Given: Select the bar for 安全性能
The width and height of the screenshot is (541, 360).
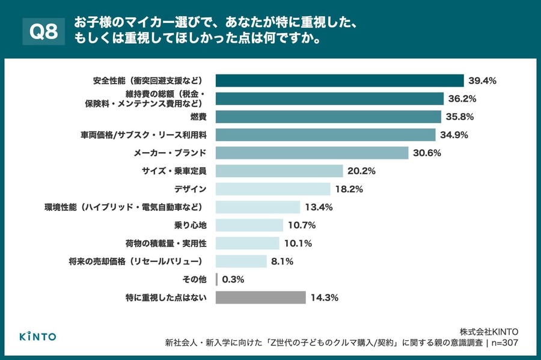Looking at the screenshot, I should click(340, 81).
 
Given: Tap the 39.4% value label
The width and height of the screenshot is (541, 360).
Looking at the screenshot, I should click(483, 81).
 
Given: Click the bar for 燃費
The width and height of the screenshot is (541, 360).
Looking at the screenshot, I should click(328, 117).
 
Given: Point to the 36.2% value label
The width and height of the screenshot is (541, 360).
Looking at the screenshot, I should click(463, 99).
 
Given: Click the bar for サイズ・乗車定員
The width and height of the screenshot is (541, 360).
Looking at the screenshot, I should click(279, 171).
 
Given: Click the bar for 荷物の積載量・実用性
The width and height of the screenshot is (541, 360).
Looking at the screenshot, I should click(247, 243).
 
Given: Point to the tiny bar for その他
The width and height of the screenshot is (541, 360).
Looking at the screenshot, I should click(216, 279).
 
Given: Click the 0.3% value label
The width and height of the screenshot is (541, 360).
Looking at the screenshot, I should click(234, 279).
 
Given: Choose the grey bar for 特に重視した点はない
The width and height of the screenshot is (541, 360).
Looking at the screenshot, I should click(260, 297).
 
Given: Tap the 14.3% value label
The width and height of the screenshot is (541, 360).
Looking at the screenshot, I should click(325, 297).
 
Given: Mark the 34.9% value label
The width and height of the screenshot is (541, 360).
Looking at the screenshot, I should click(454, 135).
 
